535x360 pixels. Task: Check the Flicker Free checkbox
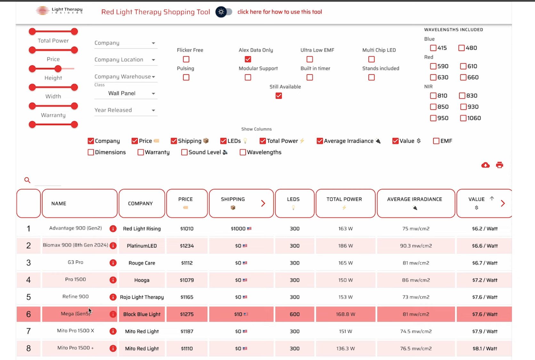pos(186,59)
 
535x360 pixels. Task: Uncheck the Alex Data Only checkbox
pos(248,59)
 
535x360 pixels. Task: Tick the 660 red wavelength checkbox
pos(463,78)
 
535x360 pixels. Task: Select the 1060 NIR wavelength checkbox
pos(463,118)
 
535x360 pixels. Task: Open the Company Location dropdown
pos(125,60)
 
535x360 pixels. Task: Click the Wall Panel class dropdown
pos(125,94)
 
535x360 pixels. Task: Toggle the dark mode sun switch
pos(223,12)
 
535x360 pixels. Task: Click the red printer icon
pos(499,165)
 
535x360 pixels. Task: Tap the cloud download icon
pos(485,165)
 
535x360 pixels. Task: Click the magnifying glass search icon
pos(27,180)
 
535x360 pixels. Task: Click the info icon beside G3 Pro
pos(113,263)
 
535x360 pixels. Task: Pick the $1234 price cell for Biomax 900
pos(187,246)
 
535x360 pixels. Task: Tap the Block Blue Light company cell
pos(142,314)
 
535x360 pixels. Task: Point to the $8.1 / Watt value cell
pos(484,348)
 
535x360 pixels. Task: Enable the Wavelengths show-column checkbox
pos(243,152)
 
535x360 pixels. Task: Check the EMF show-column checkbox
pos(436,141)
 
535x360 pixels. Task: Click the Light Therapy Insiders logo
pos(60,11)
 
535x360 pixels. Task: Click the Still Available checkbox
pos(279,96)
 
